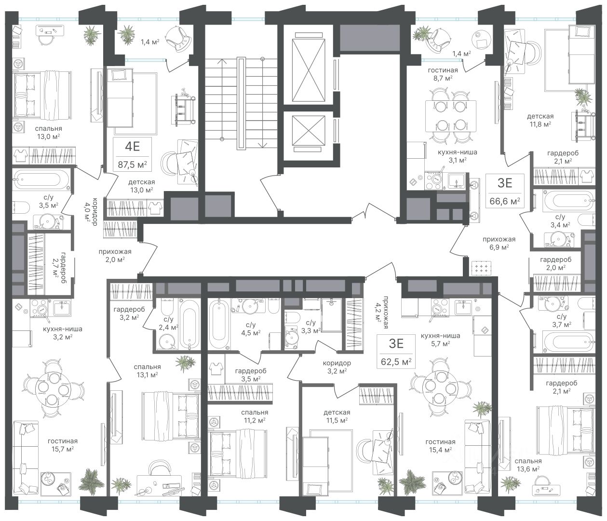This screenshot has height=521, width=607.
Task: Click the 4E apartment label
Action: pos(133,146)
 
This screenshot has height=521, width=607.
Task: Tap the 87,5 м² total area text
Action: pos(133,165)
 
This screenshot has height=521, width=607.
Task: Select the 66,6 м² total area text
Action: pos(505,201)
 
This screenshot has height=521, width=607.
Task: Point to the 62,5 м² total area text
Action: pos(396,361)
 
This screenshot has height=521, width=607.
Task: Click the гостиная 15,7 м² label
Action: pos(63,445)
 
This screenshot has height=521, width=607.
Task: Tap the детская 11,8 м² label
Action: pos(540,120)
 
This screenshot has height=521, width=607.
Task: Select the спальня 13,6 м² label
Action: pos(528,465)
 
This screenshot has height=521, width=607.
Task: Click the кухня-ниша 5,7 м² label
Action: pos(440,340)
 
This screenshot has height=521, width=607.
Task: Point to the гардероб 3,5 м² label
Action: pos(251,375)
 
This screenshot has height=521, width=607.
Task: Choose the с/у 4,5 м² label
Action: pos(251,329)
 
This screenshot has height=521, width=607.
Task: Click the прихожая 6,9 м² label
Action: pos(499,243)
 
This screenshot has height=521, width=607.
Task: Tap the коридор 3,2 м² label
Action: pos(337,367)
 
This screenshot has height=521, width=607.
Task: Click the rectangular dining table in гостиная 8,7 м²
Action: pos(451,116)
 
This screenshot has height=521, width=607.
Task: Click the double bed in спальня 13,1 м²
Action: pos(170,415)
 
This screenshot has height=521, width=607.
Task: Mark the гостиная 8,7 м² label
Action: pos(443,74)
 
